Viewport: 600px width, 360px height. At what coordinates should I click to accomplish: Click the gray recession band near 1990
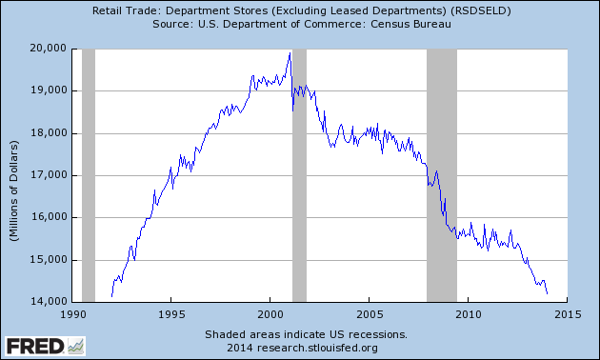coord(89,174)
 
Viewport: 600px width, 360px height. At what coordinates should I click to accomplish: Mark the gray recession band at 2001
coord(299,174)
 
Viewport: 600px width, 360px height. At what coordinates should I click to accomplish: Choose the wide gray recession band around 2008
coord(442,174)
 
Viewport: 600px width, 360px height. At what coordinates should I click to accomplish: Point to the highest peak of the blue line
coord(290,52)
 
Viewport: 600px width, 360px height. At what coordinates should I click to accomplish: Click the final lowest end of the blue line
coord(547,294)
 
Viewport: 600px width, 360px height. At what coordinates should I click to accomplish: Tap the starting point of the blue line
coord(111,296)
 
